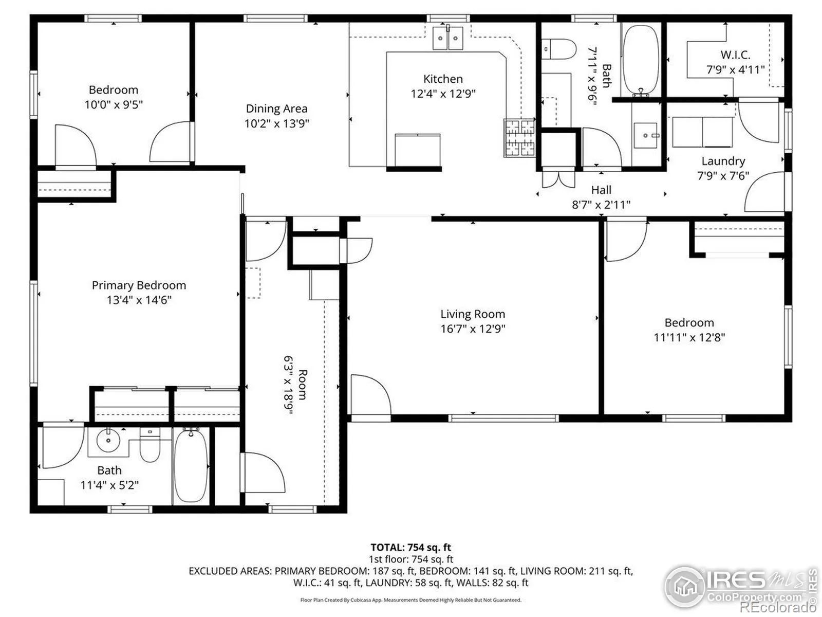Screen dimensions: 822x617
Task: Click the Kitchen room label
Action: tap(443, 79)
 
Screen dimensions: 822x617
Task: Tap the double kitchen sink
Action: tap(448, 38)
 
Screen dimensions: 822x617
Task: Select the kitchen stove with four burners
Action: tap(519, 137)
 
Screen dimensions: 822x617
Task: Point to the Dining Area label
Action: tap(276, 108)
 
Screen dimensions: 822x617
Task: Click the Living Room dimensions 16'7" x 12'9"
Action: tap(473, 329)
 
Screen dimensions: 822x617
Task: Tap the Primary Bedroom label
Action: tap(139, 285)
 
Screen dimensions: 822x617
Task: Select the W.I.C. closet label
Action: tap(735, 55)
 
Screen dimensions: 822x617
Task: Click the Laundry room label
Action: tap(723, 161)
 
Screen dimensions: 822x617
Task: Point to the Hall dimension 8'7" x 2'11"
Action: tap(601, 205)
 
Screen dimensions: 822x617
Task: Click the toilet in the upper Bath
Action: tap(559, 49)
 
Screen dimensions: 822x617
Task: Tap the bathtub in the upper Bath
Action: tap(641, 60)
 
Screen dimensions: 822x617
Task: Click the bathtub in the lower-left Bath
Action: tap(191, 466)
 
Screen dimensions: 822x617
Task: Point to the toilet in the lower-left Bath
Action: tap(150, 445)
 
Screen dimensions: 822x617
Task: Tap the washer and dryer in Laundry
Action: tap(702, 132)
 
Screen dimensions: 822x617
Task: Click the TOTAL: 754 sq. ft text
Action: tap(411, 548)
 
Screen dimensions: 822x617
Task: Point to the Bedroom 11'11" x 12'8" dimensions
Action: tap(689, 337)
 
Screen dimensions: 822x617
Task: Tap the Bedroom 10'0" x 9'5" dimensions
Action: tap(114, 104)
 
